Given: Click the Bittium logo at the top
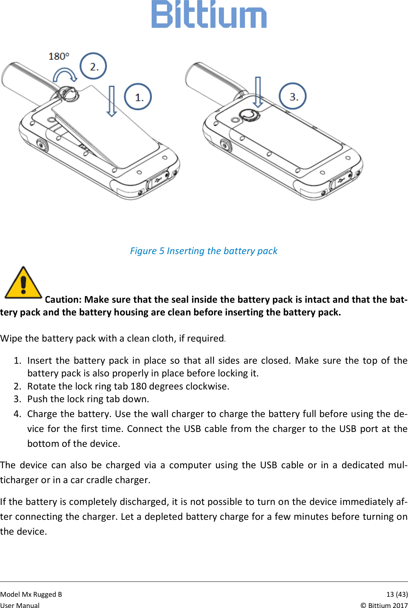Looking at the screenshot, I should click(209, 15).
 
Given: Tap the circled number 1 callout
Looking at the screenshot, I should click(138, 97).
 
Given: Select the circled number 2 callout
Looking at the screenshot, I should click(93, 66).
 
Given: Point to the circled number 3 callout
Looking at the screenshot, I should click(293, 96).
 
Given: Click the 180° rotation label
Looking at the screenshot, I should click(59, 56).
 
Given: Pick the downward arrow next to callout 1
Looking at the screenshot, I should click(112, 101).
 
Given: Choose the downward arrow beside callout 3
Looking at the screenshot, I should click(257, 92).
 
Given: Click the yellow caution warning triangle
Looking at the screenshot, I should click(23, 283).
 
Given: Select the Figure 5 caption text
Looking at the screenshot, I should click(204, 251).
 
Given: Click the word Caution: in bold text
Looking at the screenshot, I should click(63, 299).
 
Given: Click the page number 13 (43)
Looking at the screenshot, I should click(397, 594).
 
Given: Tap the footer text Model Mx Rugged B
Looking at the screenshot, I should click(31, 594).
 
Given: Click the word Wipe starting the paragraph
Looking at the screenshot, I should click(11, 338).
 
